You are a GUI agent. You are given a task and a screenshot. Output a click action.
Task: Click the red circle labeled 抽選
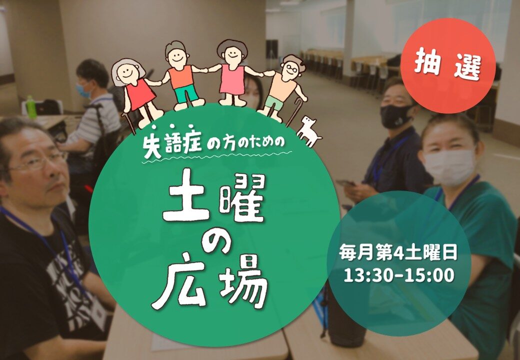[447, 65]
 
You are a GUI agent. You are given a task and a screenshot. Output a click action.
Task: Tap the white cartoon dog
[308, 130]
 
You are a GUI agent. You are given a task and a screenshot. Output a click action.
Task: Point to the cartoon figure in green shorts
[180, 75]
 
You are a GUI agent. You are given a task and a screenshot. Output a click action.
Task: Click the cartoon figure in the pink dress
[232, 73]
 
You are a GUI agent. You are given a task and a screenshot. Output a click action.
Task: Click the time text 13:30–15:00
[398, 275]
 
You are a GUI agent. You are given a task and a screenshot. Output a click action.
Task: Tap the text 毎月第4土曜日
[398, 252]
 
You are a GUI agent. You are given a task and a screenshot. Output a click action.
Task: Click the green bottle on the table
[31, 107]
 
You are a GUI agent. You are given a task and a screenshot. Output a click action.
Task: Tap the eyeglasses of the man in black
[35, 162]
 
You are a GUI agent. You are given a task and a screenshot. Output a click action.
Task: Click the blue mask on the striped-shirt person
[84, 90]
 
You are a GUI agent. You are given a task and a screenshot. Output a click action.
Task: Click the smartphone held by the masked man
[345, 183]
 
